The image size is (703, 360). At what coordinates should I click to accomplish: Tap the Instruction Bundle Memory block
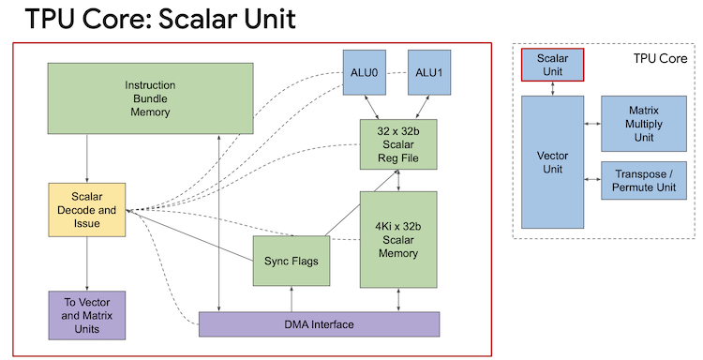pyautogui.click(x=150, y=98)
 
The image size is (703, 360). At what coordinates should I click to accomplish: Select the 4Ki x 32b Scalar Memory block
pyautogui.click(x=399, y=239)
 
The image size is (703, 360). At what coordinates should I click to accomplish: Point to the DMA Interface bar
pyautogui.click(x=320, y=324)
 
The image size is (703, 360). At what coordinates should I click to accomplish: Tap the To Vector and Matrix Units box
pyautogui.click(x=86, y=315)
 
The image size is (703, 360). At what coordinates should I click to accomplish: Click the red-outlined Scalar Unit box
pyautogui.click(x=552, y=64)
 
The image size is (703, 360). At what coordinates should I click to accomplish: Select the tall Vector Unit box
pyautogui.click(x=552, y=161)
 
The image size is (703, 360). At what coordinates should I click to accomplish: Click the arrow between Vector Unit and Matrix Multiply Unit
pyautogui.click(x=591, y=123)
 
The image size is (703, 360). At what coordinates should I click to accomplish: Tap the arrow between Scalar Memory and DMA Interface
pyautogui.click(x=399, y=300)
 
